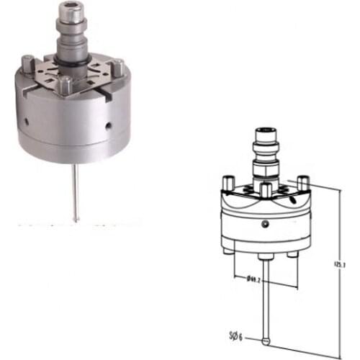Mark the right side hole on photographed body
click(x=108, y=125)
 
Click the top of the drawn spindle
click(x=267, y=130)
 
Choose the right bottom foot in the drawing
click(x=291, y=255)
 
